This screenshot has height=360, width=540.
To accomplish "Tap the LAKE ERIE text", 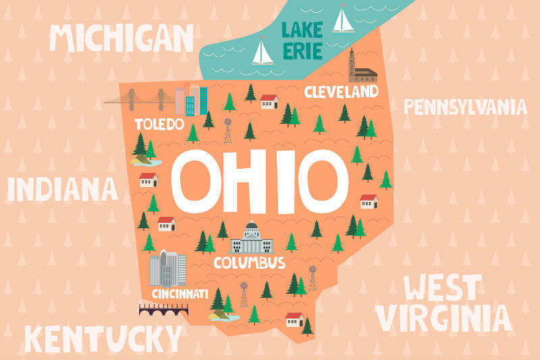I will tap(302, 41).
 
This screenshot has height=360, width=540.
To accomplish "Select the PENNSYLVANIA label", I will tap(464, 106).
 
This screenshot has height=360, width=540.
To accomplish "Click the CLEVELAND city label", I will tap(341, 92).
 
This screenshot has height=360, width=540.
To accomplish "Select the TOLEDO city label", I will tap(159, 124).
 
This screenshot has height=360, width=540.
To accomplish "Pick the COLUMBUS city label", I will tap(249, 263).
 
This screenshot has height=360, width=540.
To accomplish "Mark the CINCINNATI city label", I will tap(179, 294).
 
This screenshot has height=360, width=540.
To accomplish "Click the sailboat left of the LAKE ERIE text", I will tap(262, 54).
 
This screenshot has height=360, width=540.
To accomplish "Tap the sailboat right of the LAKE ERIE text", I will tap(343, 20).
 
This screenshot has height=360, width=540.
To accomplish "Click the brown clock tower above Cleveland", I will tap(352, 65).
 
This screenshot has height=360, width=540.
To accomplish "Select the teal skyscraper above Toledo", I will tap(190, 105).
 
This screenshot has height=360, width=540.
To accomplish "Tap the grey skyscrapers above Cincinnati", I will tap(167, 268).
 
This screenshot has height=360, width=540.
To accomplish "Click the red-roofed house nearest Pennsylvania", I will tap(369, 201).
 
